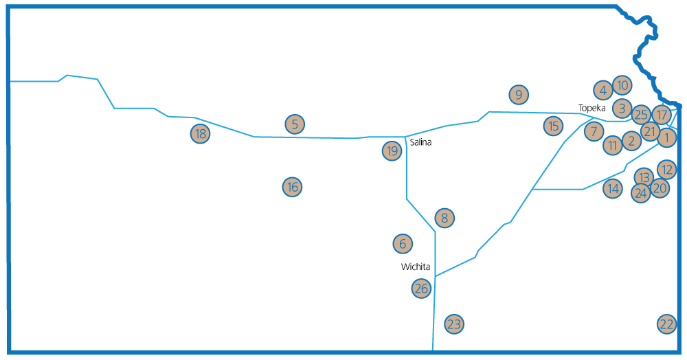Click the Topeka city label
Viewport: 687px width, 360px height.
click(x=592, y=108)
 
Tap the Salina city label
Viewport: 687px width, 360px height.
click(x=420, y=142)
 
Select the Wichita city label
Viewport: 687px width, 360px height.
click(x=416, y=267)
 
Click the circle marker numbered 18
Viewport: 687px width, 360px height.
click(x=200, y=133)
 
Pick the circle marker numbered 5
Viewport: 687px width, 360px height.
click(x=295, y=124)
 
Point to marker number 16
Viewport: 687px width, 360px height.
click(x=292, y=187)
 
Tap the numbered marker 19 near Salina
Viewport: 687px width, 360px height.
click(x=392, y=151)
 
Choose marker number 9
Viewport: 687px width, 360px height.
click(x=519, y=94)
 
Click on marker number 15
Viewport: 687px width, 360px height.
click(x=553, y=126)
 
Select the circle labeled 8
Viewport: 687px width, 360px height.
click(x=444, y=218)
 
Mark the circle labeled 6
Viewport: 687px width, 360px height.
click(x=403, y=243)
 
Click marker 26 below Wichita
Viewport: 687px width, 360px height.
click(x=422, y=288)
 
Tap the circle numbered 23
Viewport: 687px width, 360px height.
click(x=454, y=324)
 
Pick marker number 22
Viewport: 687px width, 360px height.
click(x=667, y=324)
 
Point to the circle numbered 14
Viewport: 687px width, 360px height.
click(x=613, y=188)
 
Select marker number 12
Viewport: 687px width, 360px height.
click(x=667, y=170)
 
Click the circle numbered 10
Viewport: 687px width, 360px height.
click(x=622, y=85)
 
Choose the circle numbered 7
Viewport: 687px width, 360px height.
click(x=594, y=131)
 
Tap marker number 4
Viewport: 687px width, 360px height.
click(x=603, y=90)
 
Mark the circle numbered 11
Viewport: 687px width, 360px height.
click(x=613, y=145)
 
